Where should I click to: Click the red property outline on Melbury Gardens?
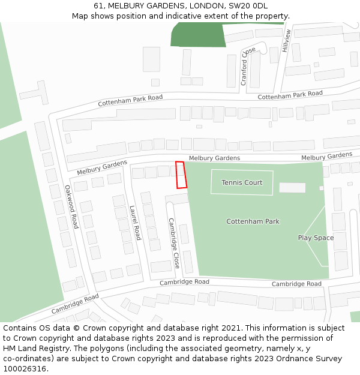(181, 175)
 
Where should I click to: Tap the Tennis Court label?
(242, 182)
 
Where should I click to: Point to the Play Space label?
(316, 238)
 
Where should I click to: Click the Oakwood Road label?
(71, 206)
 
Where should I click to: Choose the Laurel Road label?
(135, 223)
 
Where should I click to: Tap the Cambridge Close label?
(173, 242)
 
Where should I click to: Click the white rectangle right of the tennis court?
(292, 188)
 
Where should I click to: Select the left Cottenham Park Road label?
(130, 100)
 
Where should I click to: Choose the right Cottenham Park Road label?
(290, 95)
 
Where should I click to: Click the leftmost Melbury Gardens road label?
(102, 167)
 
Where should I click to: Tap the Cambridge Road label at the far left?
(74, 304)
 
